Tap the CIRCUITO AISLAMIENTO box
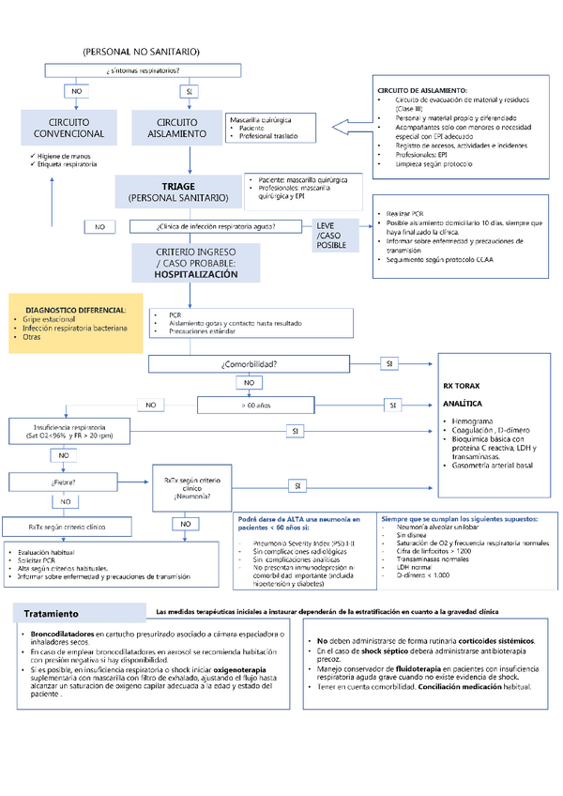click(177, 129)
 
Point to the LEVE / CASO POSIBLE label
click(331, 236)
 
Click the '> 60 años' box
click(255, 406)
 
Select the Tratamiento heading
click(52, 615)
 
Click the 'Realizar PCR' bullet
click(406, 215)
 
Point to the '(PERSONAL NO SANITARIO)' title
click(142, 51)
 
